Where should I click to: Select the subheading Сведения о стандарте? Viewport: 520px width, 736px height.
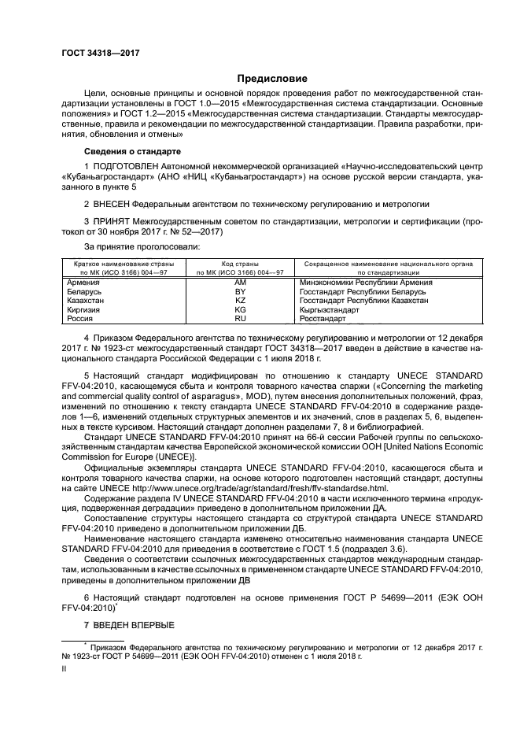click(x=132, y=150)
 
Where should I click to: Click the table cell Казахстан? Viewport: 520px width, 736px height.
click(x=89, y=301)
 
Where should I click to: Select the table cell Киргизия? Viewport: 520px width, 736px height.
click(x=87, y=310)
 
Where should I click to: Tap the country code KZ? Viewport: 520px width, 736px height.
click(x=241, y=301)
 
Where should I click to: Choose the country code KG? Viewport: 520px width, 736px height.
click(x=241, y=310)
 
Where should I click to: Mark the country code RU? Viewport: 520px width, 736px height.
click(x=241, y=319)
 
